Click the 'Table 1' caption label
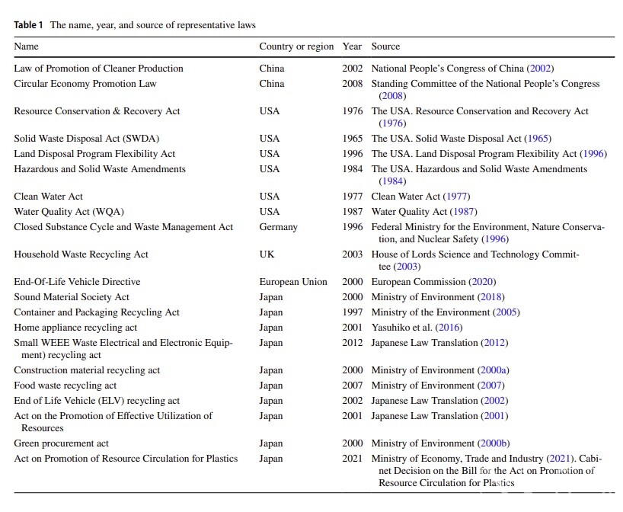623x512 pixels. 29,24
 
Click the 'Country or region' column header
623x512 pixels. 296,46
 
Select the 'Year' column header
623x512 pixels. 352,46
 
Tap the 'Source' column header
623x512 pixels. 385,46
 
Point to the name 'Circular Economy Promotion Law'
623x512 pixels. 85,84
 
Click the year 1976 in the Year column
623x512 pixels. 352,111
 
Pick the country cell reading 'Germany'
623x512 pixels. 278,227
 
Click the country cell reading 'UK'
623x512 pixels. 267,254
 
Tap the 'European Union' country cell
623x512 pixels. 293,282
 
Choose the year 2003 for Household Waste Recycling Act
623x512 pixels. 352,254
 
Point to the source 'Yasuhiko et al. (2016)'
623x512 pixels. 417,328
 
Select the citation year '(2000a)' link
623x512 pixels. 493,370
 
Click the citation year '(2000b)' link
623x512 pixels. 494,443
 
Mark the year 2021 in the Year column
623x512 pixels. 352,459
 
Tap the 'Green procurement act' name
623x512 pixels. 62,443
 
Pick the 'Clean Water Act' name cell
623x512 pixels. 49,197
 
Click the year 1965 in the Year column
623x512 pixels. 352,139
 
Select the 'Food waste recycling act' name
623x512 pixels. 65,386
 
